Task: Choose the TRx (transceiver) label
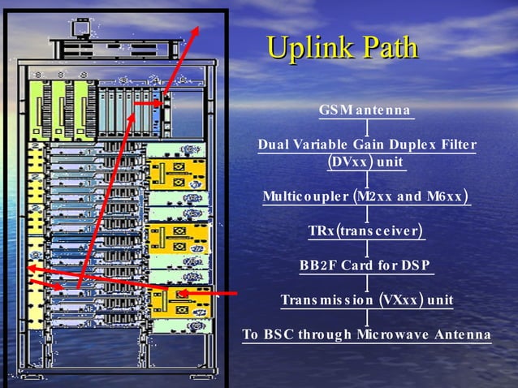pos(366,232)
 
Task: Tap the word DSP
pos(414,265)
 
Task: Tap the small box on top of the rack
pos(80,29)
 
